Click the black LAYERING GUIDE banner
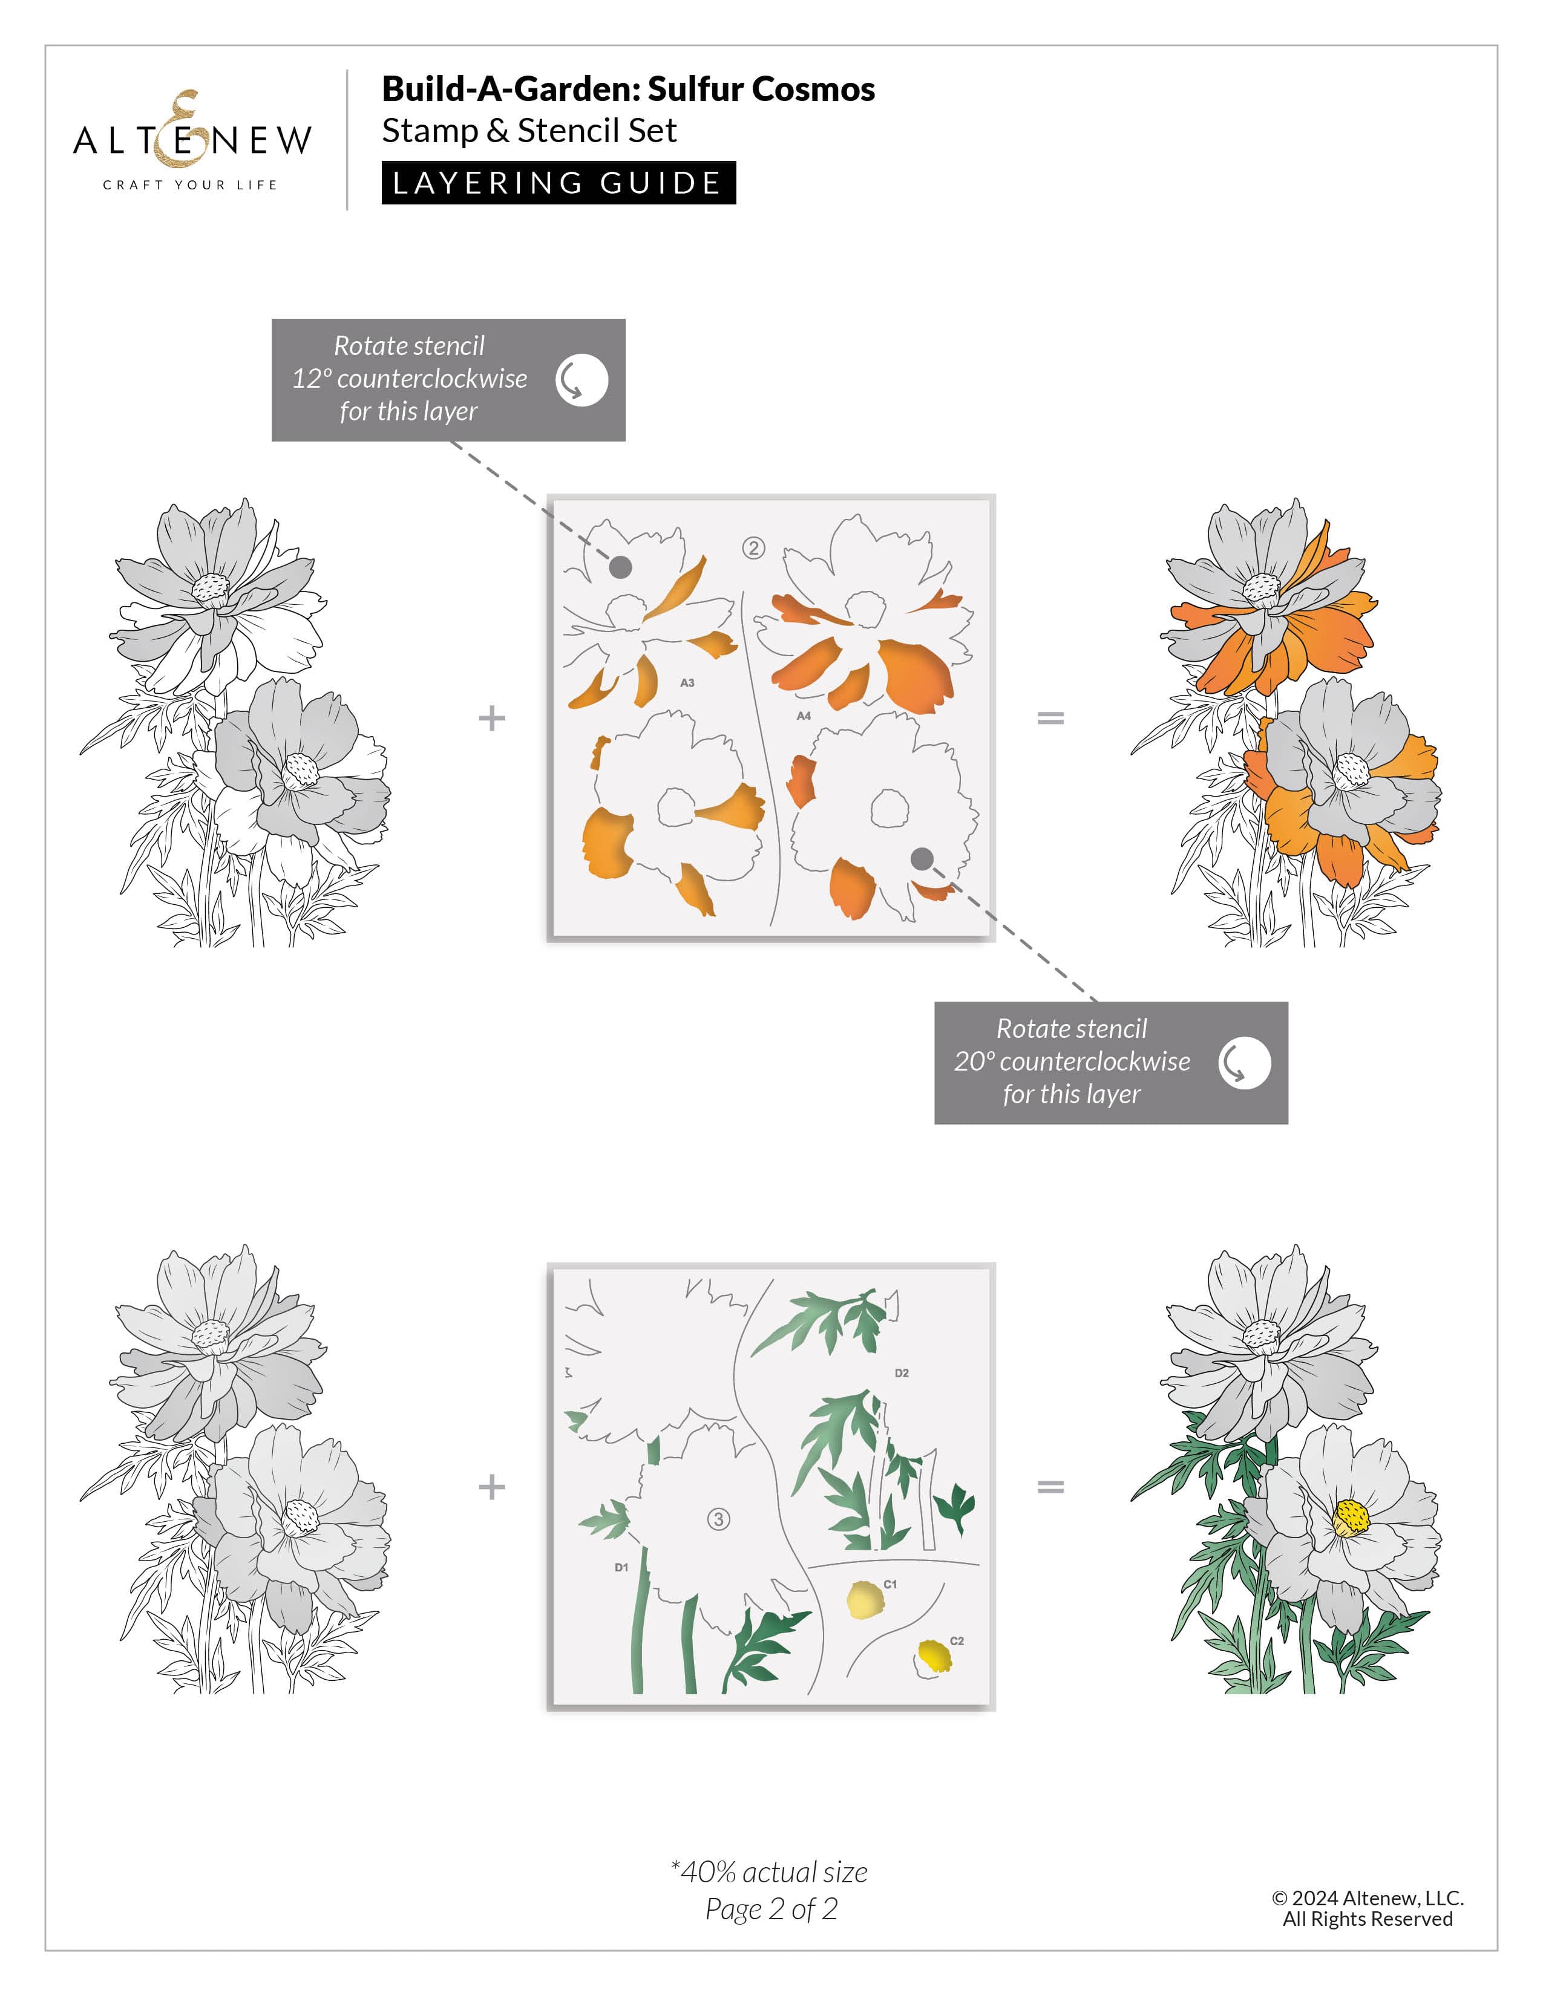coord(558,183)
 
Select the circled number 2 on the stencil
coord(753,549)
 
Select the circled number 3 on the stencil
coord(718,1519)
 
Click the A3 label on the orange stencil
coord(687,683)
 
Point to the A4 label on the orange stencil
coord(804,716)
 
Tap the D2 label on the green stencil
coord(902,1373)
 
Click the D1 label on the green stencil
coord(621,1567)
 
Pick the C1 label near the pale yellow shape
coord(890,1584)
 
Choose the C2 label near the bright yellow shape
coord(957,1640)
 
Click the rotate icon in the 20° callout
coord(1244,1063)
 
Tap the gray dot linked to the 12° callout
coord(621,567)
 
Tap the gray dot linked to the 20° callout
coord(922,858)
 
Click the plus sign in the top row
coord(492,719)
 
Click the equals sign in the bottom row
coord(1050,1487)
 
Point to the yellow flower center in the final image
coord(1351,1519)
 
